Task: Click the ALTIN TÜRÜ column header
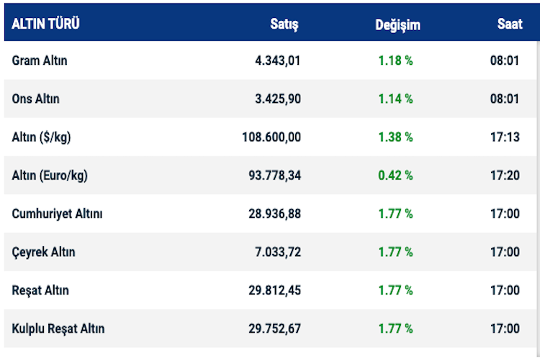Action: [x=45, y=24]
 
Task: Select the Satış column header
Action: [x=284, y=24]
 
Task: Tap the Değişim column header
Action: [x=397, y=24]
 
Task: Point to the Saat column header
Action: [x=510, y=24]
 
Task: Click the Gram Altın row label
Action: [x=40, y=60]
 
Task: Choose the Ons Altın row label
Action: [x=36, y=99]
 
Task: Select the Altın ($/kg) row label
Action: [x=42, y=137]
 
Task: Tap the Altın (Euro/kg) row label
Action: [x=50, y=175]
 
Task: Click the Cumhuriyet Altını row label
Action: [x=58, y=214]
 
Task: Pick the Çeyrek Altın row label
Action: [x=43, y=252]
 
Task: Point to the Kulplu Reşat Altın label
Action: [x=58, y=328]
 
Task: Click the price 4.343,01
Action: [x=277, y=60]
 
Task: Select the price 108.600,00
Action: [x=271, y=137]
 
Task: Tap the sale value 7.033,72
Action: [x=277, y=252]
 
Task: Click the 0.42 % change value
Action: [x=395, y=175]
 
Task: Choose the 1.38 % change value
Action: [x=395, y=137]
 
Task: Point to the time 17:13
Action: [x=505, y=137]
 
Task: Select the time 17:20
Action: [x=505, y=175]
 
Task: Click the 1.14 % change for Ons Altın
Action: [x=395, y=99]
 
